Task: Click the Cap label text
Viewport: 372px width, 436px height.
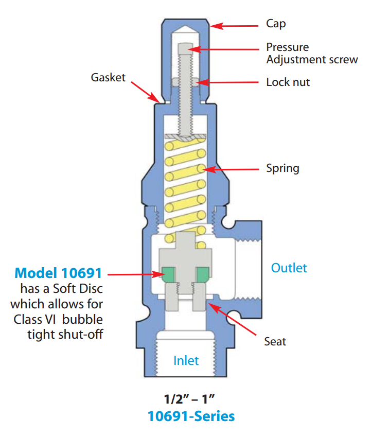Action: [x=276, y=24]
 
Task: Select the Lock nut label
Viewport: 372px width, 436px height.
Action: [x=288, y=82]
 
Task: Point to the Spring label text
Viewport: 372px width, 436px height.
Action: [x=282, y=168]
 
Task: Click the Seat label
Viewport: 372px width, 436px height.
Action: [x=275, y=341]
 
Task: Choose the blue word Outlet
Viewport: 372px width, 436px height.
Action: [x=289, y=268]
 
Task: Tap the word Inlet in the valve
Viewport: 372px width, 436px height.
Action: [x=186, y=360]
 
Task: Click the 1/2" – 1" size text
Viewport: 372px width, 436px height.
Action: [x=185, y=399]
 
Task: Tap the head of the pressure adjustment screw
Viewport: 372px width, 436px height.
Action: [x=184, y=49]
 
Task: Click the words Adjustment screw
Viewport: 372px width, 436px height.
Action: [x=312, y=60]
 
